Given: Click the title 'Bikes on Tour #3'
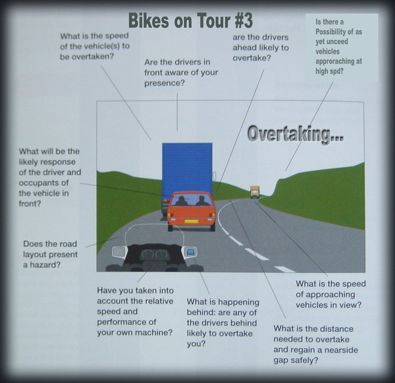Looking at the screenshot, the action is pyautogui.click(x=190, y=20).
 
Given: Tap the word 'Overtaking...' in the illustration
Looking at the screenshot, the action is pyautogui.click(x=296, y=134).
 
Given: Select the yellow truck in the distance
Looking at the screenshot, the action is pyautogui.click(x=255, y=192).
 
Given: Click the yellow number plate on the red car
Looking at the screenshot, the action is pyautogui.click(x=192, y=222).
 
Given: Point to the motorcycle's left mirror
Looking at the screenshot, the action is pyautogui.click(x=120, y=252).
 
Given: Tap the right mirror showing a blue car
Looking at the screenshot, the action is pyautogui.click(x=190, y=252).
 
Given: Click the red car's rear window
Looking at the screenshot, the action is pyautogui.click(x=191, y=199).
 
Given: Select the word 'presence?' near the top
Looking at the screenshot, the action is pyautogui.click(x=165, y=83).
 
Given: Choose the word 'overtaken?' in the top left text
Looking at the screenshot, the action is pyautogui.click(x=93, y=57).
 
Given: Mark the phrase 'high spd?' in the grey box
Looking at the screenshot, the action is pyautogui.click(x=329, y=72).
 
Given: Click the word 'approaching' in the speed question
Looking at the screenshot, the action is pyautogui.click(x=330, y=295).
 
